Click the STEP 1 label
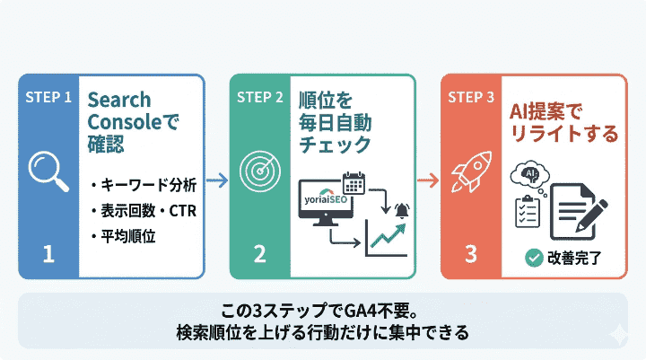48,96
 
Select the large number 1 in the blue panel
48,254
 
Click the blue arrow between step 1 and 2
216,180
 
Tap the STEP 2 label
260,96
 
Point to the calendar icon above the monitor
353,185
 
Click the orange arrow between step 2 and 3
429,180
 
